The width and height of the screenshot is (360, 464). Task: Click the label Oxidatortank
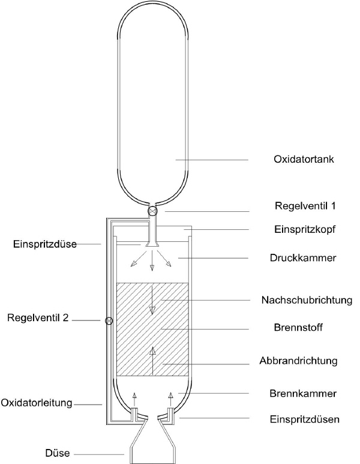(304, 159)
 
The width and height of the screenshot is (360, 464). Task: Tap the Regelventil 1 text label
(305, 206)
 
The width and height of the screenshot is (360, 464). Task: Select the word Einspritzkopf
(305, 229)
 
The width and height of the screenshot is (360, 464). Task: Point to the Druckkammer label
(303, 258)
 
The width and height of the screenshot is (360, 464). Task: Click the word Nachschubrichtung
(307, 300)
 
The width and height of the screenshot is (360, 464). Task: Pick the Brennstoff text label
(298, 328)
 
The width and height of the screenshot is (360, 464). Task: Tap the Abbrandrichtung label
(298, 361)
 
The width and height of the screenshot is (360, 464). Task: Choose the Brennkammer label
(303, 394)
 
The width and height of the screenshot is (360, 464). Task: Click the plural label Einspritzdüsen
(305, 420)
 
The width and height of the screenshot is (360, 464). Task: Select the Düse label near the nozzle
(58, 453)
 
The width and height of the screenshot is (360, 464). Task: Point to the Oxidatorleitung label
(37, 403)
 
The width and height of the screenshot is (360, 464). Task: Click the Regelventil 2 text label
(38, 318)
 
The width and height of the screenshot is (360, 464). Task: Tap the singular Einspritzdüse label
(45, 244)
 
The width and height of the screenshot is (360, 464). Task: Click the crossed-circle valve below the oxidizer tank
(152, 211)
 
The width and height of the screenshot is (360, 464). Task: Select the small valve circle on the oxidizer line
(109, 321)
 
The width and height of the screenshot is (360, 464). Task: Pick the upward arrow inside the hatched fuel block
(152, 361)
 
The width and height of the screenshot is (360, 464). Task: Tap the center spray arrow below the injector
(152, 261)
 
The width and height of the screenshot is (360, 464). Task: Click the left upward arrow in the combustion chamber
(134, 399)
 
